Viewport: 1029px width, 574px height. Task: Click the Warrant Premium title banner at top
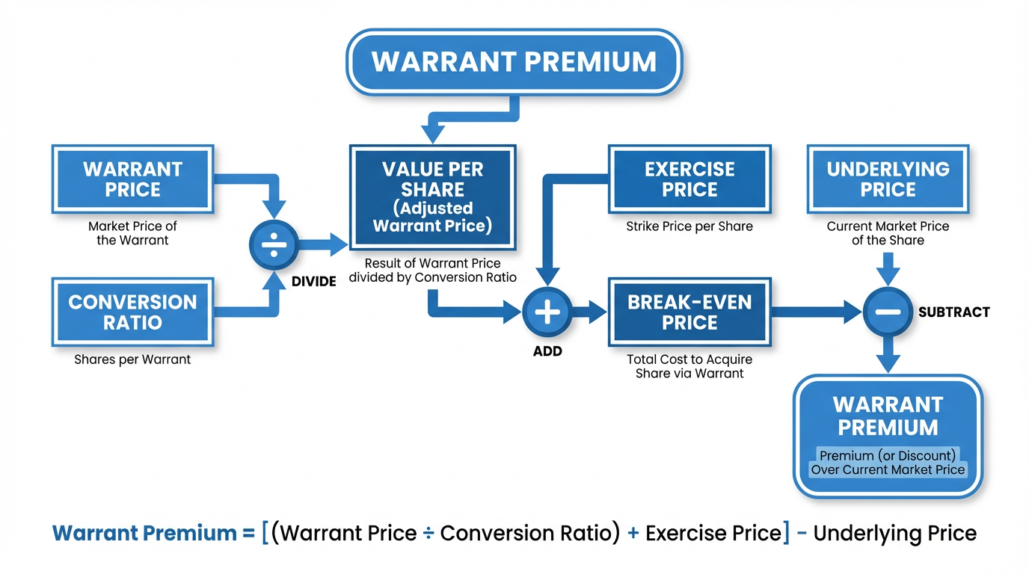tap(514, 61)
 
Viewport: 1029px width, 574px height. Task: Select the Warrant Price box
tap(132, 179)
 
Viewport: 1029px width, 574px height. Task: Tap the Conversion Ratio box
tap(132, 312)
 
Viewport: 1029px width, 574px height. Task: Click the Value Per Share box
tap(432, 197)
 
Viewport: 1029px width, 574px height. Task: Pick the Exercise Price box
tap(689, 179)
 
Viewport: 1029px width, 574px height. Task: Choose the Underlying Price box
tap(888, 179)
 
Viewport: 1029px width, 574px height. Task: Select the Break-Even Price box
tap(689, 312)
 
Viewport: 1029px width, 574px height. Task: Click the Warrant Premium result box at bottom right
tap(888, 436)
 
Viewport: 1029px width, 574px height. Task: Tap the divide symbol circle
tap(274, 244)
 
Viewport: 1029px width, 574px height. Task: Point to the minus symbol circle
tap(888, 312)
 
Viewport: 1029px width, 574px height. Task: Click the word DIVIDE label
tap(313, 282)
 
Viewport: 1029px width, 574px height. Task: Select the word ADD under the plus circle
tap(547, 351)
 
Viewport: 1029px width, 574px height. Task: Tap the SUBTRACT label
tap(953, 312)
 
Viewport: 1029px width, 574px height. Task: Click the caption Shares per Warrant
tap(132, 359)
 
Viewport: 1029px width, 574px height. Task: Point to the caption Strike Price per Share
tap(689, 226)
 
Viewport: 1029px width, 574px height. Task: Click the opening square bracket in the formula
tap(265, 534)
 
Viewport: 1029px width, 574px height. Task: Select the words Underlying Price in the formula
tap(894, 534)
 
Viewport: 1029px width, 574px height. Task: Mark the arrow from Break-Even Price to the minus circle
tap(815, 312)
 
